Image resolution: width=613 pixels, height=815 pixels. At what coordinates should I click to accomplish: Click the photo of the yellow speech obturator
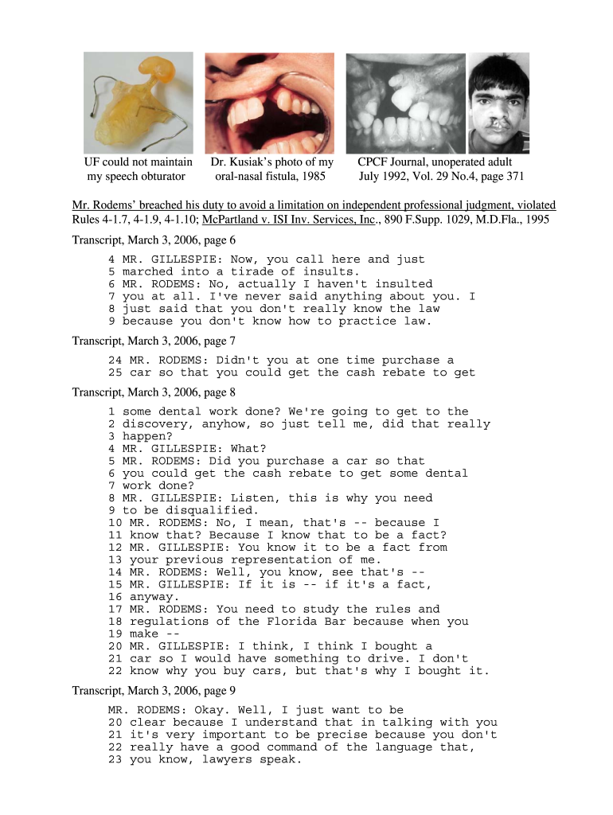139,101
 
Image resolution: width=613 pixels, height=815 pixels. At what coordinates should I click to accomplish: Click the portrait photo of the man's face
498,101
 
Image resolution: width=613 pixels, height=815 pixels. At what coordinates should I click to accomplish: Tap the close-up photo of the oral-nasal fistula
271,101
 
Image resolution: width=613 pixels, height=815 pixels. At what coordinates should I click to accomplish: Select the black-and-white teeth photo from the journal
404,101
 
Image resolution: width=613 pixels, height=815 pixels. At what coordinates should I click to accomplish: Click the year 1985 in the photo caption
313,176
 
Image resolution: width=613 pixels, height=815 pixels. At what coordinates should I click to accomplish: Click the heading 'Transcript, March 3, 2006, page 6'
154,240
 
